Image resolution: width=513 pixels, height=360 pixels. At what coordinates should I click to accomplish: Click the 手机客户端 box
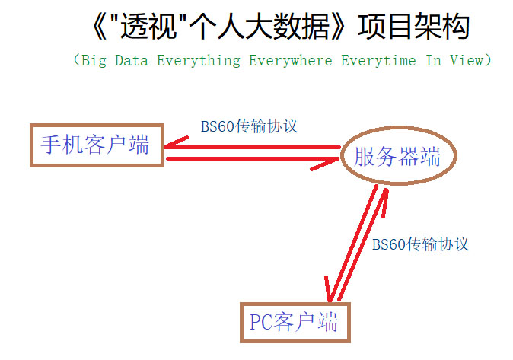pyautogui.click(x=95, y=145)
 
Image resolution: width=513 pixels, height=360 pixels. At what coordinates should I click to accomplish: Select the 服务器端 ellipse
pyautogui.click(x=397, y=157)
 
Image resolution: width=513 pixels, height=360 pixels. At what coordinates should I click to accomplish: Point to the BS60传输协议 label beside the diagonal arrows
pyautogui.click(x=420, y=244)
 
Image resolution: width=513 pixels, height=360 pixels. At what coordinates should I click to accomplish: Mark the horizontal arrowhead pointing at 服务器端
pyautogui.click(x=330, y=161)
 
